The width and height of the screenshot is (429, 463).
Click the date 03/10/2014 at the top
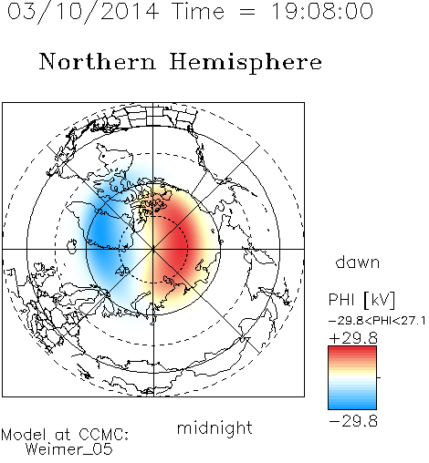coord(83,12)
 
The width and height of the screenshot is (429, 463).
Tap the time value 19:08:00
coord(322,11)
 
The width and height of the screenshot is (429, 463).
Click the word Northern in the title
coord(98,61)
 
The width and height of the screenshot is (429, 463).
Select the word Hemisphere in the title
coord(246,63)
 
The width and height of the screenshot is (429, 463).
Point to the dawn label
coord(358,262)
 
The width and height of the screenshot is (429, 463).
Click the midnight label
coord(214,428)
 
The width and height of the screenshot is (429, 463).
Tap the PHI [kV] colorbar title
coord(361,300)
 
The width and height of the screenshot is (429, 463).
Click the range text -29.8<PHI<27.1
coord(377,321)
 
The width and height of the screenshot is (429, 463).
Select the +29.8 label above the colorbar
coord(353,338)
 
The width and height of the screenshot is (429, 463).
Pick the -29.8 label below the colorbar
coord(353,421)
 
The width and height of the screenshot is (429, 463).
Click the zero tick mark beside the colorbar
coord(379,377)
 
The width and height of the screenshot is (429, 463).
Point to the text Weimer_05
coord(69,449)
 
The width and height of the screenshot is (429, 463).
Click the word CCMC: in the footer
coord(104,435)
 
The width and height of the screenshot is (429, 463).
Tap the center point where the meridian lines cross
coord(153,249)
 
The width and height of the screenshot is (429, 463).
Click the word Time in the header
coord(198,11)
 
